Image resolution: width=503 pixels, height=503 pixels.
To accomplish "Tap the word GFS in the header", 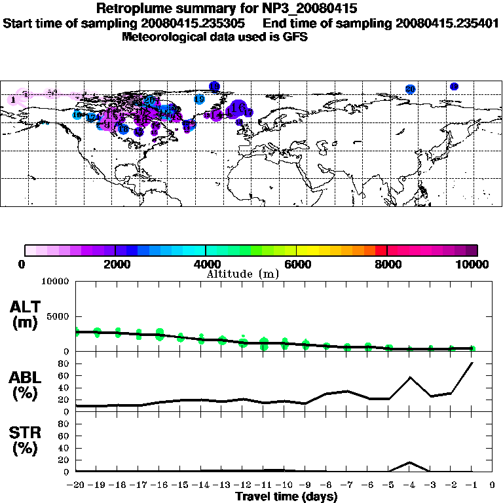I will click(294, 37).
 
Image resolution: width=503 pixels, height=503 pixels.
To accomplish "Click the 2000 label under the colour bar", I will click(115, 265).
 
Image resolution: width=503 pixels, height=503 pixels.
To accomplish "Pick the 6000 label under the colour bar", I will click(297, 265).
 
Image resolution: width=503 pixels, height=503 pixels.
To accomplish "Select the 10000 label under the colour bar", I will click(474, 265).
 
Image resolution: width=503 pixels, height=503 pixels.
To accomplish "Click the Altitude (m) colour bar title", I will click(242, 274).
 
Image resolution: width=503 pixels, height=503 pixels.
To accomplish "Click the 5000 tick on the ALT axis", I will click(57, 317).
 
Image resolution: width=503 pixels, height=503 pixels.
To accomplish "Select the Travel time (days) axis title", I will click(286, 497).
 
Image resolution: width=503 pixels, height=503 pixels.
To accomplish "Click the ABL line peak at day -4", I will click(409, 377).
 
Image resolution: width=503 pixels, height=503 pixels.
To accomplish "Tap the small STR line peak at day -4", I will click(409, 462).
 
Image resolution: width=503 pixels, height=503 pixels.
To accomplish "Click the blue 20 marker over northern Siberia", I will click(410, 89).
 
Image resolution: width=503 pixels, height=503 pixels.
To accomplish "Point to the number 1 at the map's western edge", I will click(13, 100).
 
